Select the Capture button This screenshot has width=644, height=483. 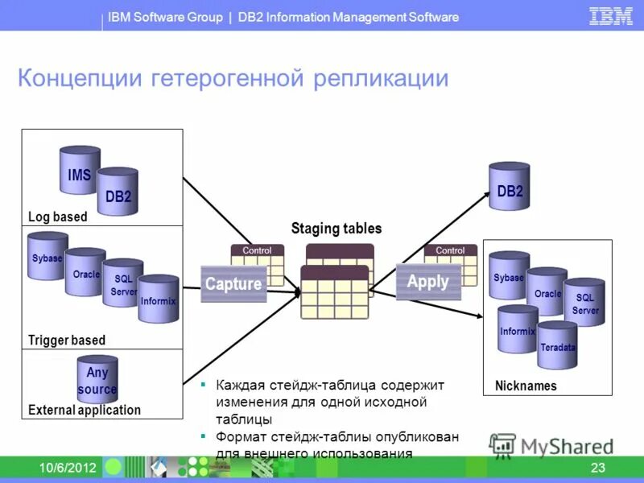[233, 283]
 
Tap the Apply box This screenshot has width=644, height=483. [428, 282]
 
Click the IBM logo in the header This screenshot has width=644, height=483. [611, 16]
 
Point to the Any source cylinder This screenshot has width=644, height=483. [97, 380]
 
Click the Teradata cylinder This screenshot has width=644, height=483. [558, 345]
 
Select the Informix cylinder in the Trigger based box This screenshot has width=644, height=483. [158, 299]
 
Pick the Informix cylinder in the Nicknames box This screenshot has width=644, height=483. [517, 329]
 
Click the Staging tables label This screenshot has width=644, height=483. [336, 229]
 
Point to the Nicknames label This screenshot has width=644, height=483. [526, 386]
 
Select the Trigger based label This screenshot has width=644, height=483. [67, 340]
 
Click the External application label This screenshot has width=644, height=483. [85, 410]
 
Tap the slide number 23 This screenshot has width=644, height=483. [597, 469]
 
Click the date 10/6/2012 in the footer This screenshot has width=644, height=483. [68, 469]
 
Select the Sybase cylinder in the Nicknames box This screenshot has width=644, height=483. [509, 276]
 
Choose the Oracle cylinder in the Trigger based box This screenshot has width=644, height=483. [85, 273]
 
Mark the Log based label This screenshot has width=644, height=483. [58, 217]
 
